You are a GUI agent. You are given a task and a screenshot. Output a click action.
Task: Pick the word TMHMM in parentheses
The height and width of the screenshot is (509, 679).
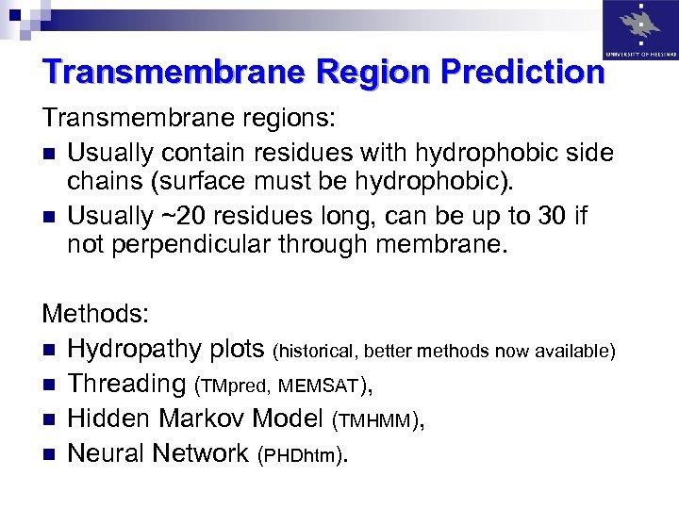[381, 419]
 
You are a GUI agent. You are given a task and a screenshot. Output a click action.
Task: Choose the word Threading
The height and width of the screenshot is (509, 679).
[126, 385]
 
